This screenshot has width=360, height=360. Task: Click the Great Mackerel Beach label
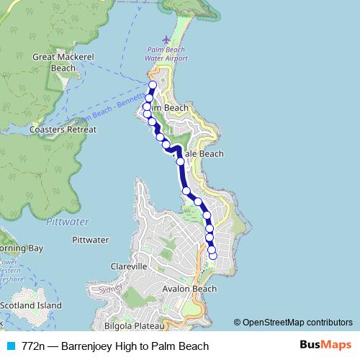pyautogui.click(x=54, y=63)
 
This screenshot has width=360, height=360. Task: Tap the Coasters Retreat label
pyautogui.click(x=63, y=130)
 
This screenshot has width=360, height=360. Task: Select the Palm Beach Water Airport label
pyautogui.click(x=167, y=55)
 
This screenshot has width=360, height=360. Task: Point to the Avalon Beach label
pyautogui.click(x=190, y=289)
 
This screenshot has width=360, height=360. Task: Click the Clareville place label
pyautogui.click(x=130, y=266)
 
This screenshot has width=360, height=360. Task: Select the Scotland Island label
pyautogui.click(x=30, y=305)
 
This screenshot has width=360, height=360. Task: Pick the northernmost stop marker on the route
pyautogui.click(x=153, y=84)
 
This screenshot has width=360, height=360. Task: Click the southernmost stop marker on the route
pyautogui.click(x=212, y=256)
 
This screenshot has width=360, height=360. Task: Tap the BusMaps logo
pyautogui.click(x=323, y=346)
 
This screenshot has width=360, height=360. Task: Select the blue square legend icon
pyautogui.click(x=10, y=346)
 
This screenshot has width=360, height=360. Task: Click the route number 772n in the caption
pyautogui.click(x=35, y=346)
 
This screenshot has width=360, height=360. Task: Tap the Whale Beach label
pyautogui.click(x=202, y=154)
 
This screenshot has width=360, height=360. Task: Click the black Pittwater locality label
pyautogui.click(x=91, y=240)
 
